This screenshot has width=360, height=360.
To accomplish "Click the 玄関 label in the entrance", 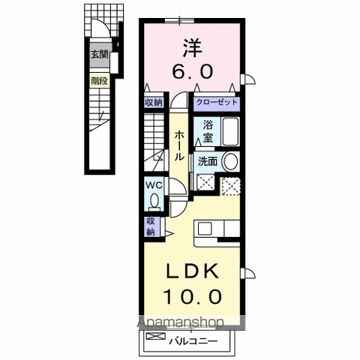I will click(x=100, y=54).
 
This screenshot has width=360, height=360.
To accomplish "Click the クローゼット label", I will click(x=217, y=103).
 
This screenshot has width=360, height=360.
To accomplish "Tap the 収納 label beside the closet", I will click(x=153, y=103).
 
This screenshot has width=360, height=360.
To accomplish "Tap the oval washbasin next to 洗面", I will click(x=231, y=160).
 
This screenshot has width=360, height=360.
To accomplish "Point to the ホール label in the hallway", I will click(x=180, y=145).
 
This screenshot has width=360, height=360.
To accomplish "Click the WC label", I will click(x=153, y=184).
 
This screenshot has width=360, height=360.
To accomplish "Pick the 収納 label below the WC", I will click(x=151, y=226).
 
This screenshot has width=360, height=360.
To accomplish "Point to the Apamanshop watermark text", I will click(x=180, y=322).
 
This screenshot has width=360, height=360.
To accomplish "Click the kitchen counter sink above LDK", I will click(x=217, y=229).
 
